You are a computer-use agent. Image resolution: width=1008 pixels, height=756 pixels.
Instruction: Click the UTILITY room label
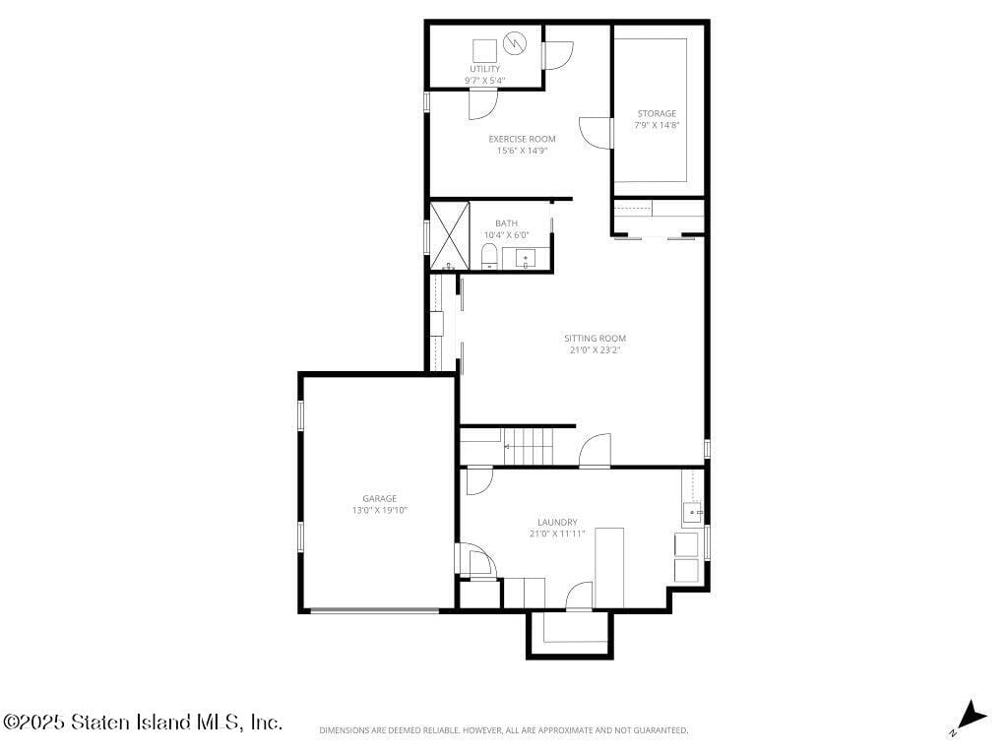484,69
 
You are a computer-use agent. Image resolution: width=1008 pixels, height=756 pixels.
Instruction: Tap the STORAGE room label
657,113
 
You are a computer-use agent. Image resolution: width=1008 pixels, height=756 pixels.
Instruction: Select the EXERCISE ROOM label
522,139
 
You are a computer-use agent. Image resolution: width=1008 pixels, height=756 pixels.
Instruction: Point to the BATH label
506,223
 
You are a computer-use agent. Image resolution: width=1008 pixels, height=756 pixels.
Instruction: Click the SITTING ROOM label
595,339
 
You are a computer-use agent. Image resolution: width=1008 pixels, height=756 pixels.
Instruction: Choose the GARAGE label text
379,499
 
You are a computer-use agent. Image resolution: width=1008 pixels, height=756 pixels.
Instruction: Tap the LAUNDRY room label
557,522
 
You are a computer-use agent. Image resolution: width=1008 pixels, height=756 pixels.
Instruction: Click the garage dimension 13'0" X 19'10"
379,511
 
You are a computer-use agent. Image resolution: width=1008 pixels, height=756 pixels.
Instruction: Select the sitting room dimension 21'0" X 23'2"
595,350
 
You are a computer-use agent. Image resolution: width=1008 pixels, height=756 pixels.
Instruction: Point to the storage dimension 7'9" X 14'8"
657,125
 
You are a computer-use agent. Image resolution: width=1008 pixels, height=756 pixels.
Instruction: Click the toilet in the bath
489,258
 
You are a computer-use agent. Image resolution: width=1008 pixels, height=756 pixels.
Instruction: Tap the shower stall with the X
450,235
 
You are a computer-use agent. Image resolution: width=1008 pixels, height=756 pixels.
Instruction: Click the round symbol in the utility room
514,43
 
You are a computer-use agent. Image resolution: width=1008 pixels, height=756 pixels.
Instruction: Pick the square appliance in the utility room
483,49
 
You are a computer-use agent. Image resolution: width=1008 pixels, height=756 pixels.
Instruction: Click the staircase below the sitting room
530,447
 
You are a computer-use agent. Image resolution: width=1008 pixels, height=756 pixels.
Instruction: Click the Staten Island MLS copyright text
143,723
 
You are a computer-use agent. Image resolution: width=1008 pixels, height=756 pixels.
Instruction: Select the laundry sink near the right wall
692,511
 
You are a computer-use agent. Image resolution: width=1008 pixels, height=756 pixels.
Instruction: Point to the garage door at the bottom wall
374,611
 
